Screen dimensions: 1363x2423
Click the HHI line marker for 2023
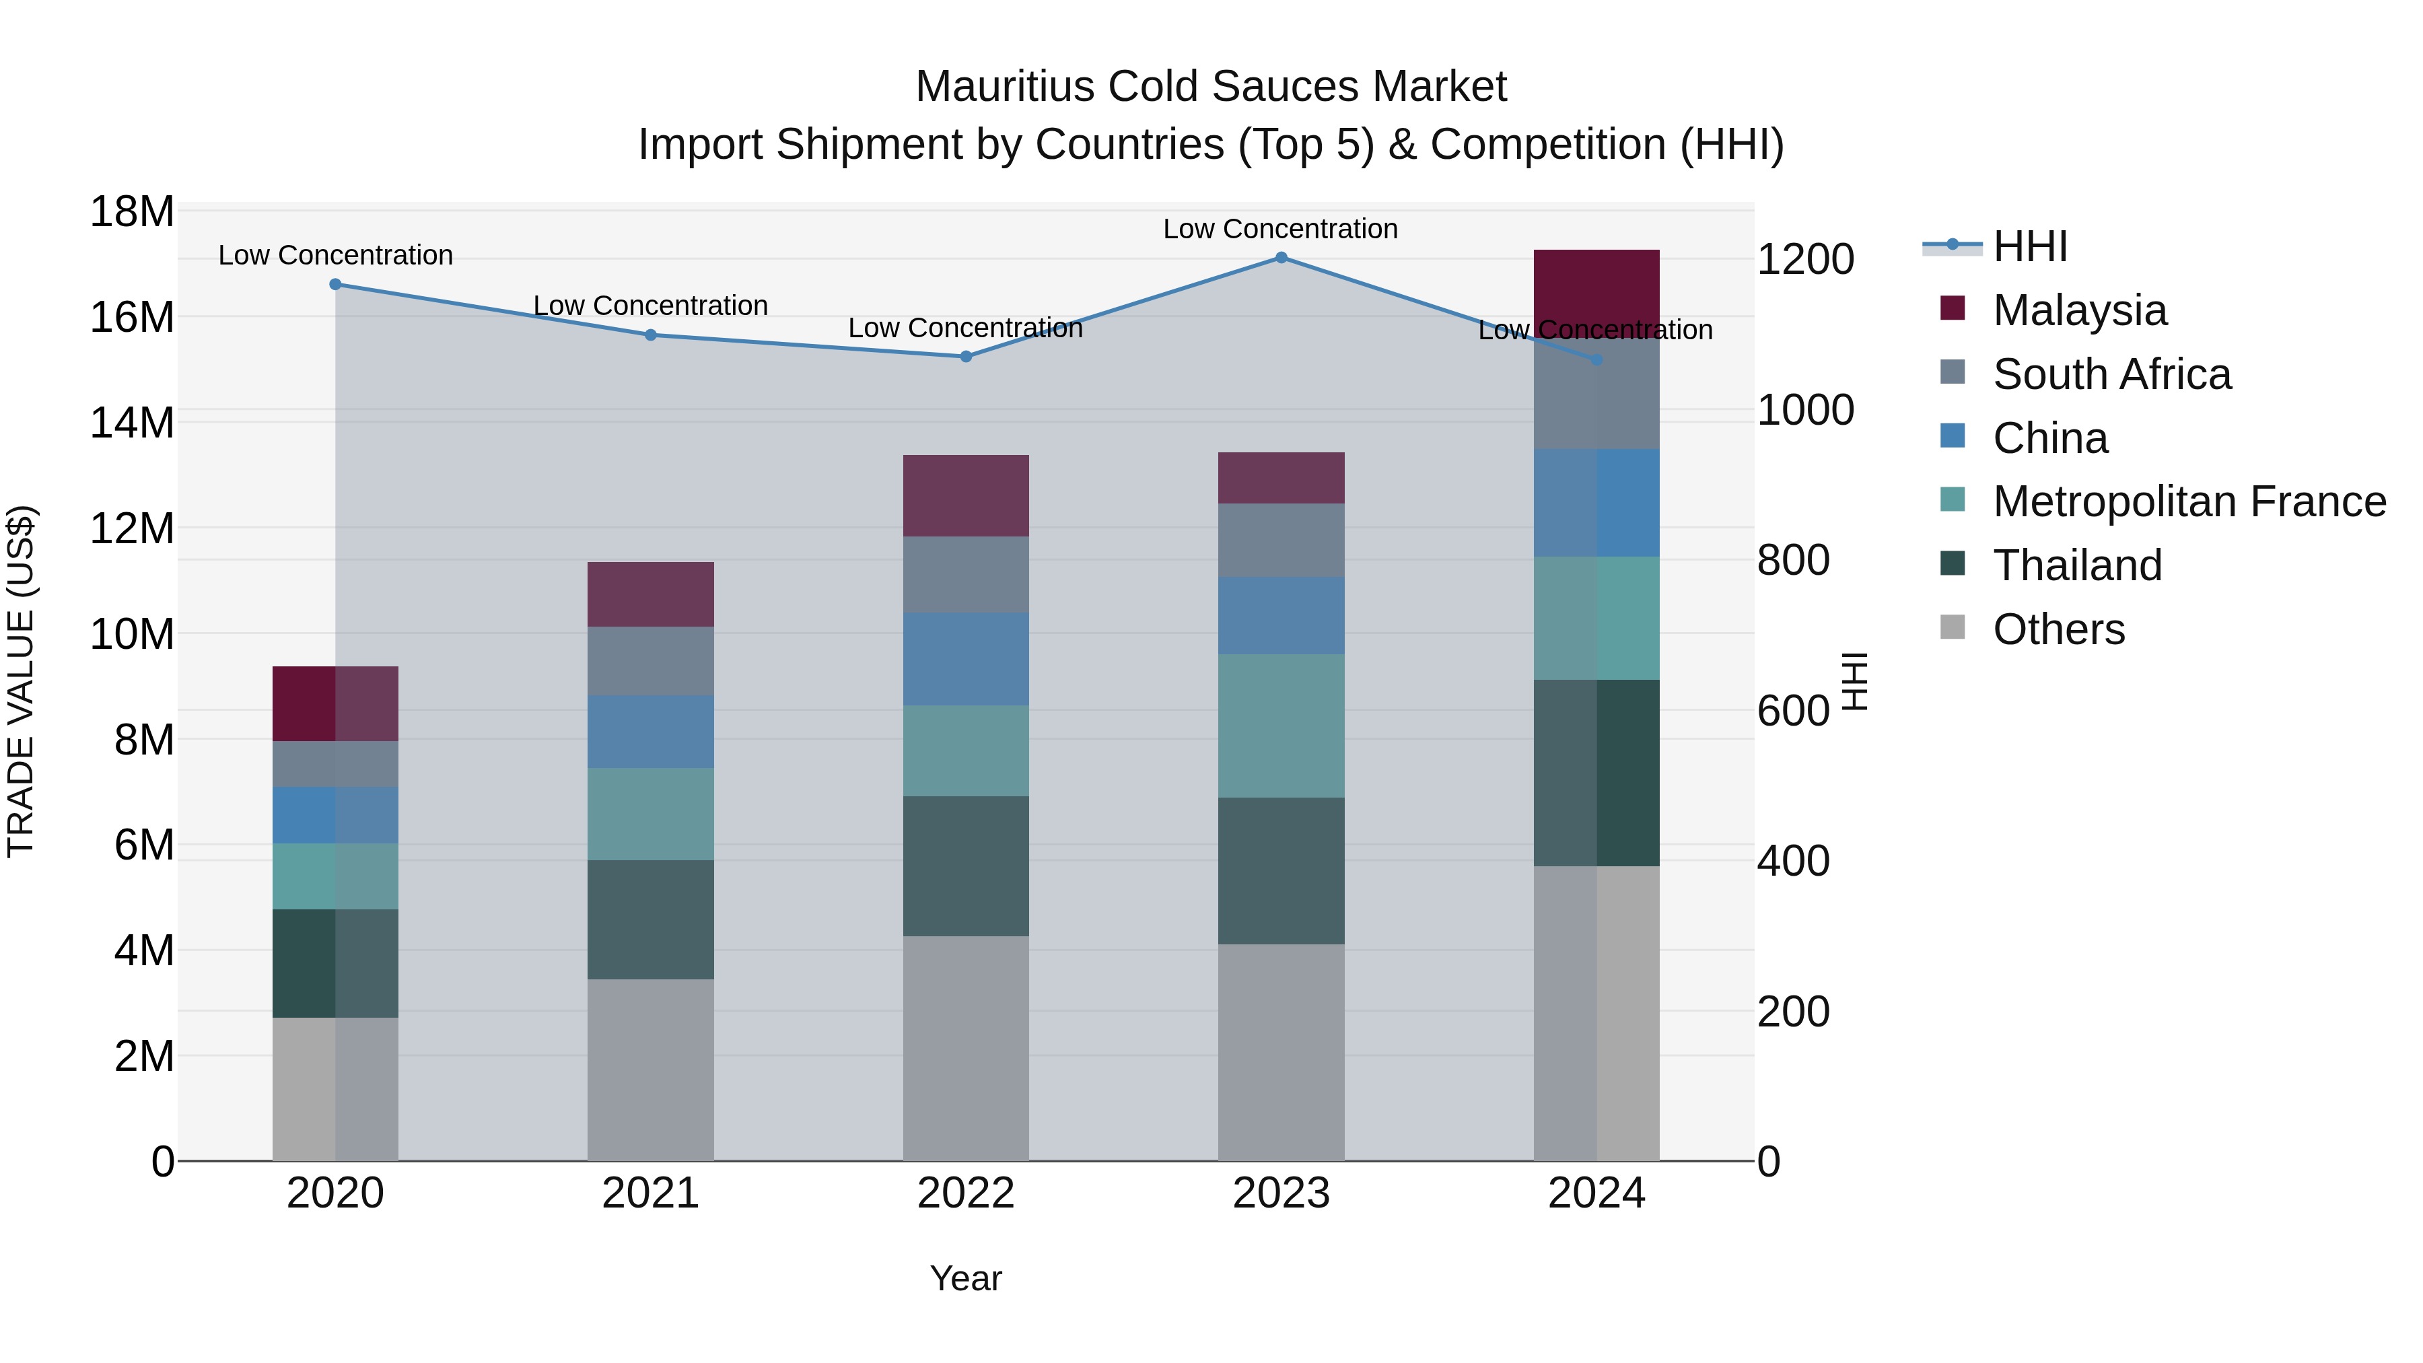[x=1281, y=258]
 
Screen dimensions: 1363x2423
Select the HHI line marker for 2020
[x=336, y=284]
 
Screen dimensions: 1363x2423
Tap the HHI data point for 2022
[x=966, y=357]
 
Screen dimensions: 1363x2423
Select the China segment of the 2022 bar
[x=966, y=658]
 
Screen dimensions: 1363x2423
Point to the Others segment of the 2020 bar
[x=336, y=1088]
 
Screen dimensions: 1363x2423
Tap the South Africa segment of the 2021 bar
[x=651, y=660]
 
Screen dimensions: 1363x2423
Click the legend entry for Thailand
[x=2077, y=565]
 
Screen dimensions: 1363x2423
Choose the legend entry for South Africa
[x=2111, y=374]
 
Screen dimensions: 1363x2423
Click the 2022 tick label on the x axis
[x=966, y=1193]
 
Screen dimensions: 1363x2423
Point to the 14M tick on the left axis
[x=132, y=422]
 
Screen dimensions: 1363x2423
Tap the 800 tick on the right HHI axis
[x=1793, y=560]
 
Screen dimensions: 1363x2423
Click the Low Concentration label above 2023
[x=1280, y=229]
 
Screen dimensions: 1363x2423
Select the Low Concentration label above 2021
[x=651, y=306]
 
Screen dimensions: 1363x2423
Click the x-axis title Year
[x=966, y=1278]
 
